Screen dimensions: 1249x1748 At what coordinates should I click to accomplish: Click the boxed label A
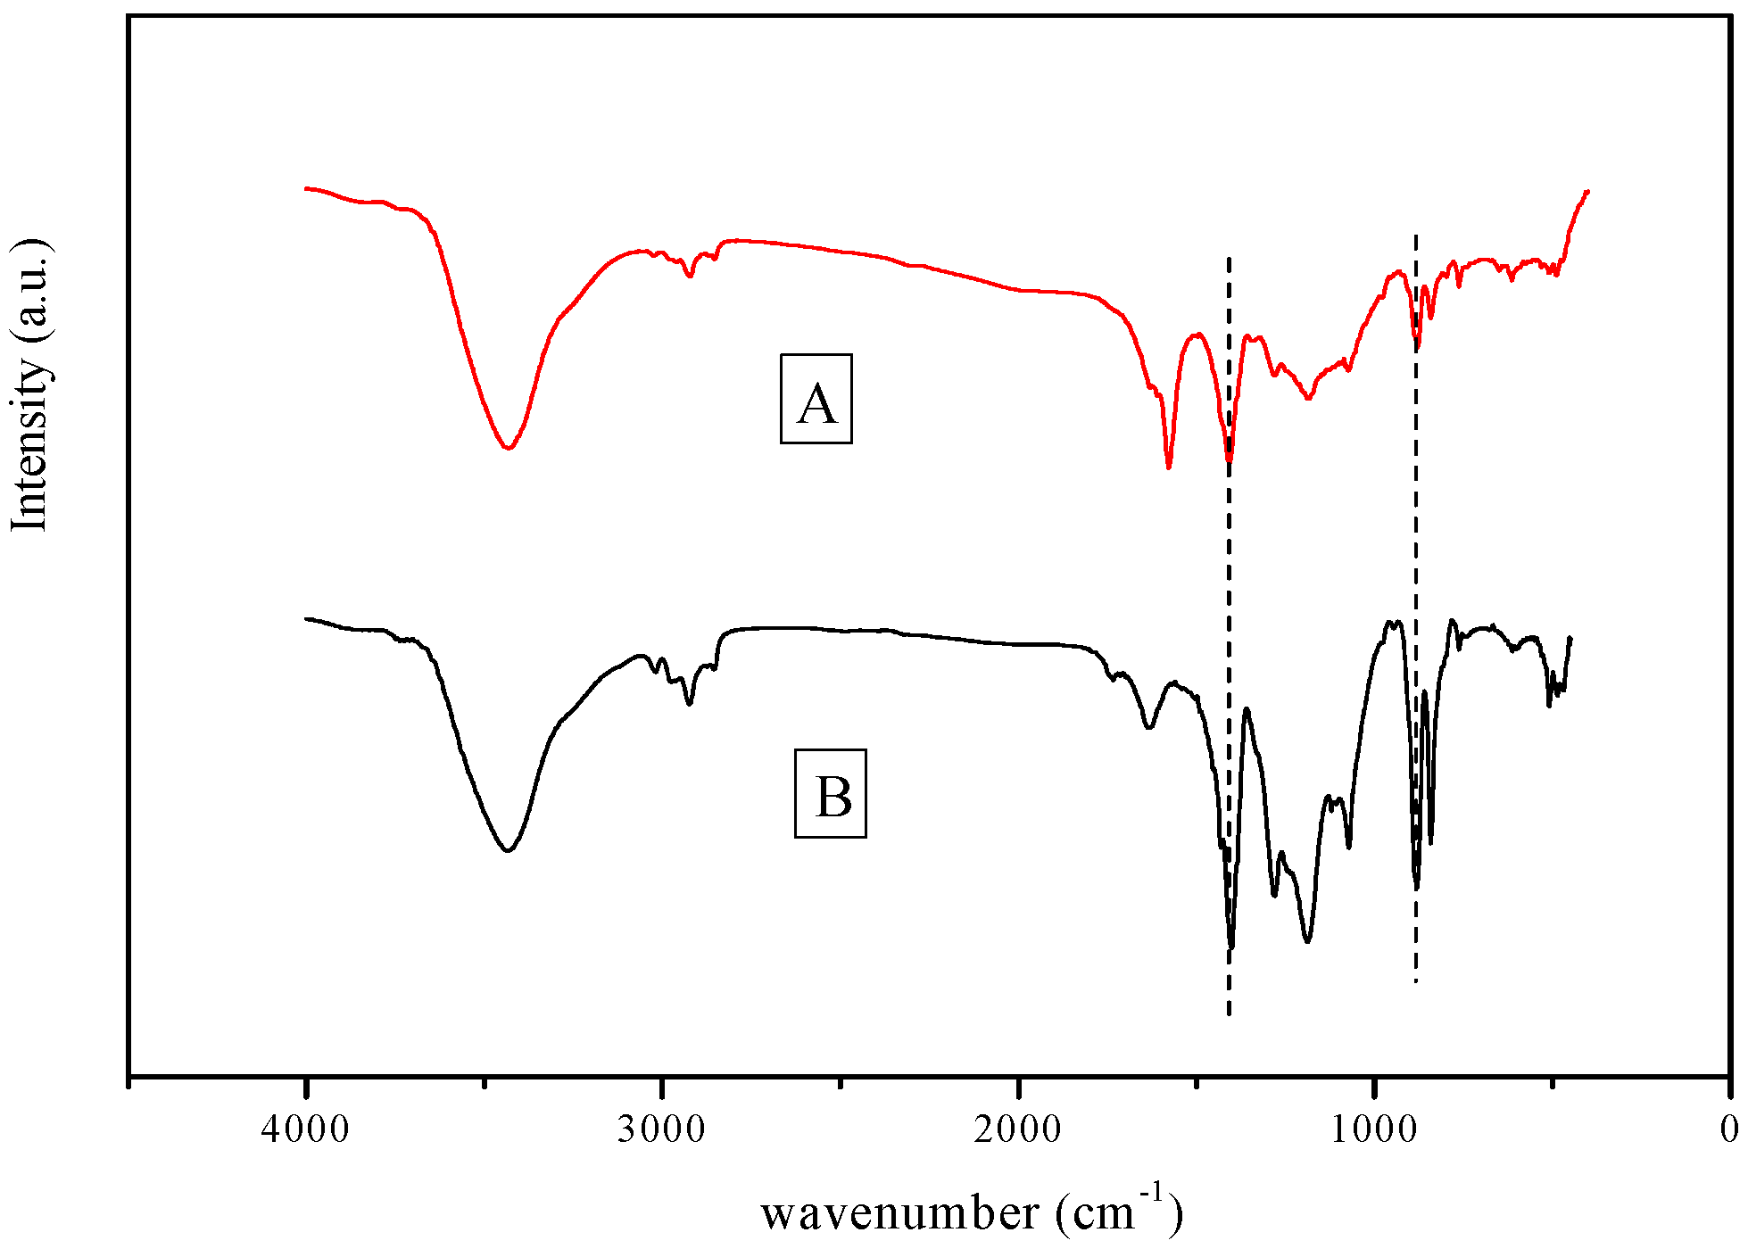(x=816, y=399)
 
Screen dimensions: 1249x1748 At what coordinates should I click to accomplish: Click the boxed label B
(x=831, y=793)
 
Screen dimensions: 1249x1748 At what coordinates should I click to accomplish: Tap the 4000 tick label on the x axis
(x=306, y=1129)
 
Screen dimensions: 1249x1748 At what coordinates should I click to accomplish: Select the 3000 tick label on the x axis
(x=661, y=1129)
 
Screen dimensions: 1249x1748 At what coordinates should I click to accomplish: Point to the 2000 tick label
(x=1017, y=1129)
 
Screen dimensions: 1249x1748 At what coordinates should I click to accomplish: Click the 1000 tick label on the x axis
(x=1373, y=1129)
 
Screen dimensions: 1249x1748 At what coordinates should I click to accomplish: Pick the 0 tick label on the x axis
(x=1729, y=1129)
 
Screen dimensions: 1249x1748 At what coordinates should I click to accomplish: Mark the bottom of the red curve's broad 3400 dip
(x=508, y=448)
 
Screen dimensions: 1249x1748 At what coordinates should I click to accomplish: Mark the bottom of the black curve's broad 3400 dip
(x=508, y=850)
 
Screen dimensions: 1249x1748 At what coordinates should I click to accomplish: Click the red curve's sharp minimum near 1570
(x=1169, y=467)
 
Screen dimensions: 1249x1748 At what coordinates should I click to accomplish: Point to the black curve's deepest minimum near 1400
(x=1231, y=947)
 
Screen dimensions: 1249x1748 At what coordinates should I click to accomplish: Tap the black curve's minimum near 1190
(x=1307, y=941)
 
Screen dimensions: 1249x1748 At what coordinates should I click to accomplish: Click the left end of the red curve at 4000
(x=306, y=188)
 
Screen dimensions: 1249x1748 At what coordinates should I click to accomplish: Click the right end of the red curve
(x=1588, y=191)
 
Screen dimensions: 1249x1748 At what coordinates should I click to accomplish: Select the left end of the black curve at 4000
(x=306, y=618)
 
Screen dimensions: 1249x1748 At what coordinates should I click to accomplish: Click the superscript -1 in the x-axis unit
(x=1153, y=1193)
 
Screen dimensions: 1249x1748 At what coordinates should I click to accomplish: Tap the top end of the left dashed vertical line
(x=1229, y=258)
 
